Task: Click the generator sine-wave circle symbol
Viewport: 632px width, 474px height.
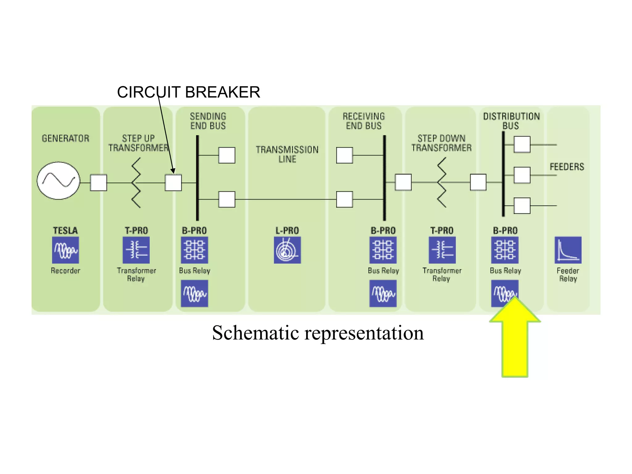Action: tap(58, 181)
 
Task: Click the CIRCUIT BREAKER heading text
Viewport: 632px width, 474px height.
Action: tap(188, 92)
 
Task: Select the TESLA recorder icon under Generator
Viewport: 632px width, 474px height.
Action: tap(65, 250)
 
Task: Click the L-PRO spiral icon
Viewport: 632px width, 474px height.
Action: tap(287, 250)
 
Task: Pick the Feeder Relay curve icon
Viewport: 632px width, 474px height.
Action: tap(568, 250)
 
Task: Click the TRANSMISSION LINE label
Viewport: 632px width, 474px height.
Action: tap(287, 154)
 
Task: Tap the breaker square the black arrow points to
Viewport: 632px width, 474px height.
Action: tap(173, 183)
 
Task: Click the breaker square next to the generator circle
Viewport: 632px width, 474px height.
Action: tap(98, 183)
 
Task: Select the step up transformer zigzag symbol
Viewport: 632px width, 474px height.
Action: tap(136, 183)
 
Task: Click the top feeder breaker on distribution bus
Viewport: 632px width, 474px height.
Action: tap(522, 144)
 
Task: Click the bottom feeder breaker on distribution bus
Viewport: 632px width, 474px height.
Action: tap(522, 206)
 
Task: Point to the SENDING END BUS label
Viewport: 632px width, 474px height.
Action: tap(208, 121)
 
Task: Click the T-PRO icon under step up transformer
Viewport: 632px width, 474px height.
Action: tap(136, 250)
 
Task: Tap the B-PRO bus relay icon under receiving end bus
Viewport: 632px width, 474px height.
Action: tap(383, 250)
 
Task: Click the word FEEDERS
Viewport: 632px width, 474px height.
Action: tap(567, 167)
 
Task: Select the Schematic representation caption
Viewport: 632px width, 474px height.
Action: tap(318, 333)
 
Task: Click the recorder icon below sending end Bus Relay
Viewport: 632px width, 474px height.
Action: tap(194, 293)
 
